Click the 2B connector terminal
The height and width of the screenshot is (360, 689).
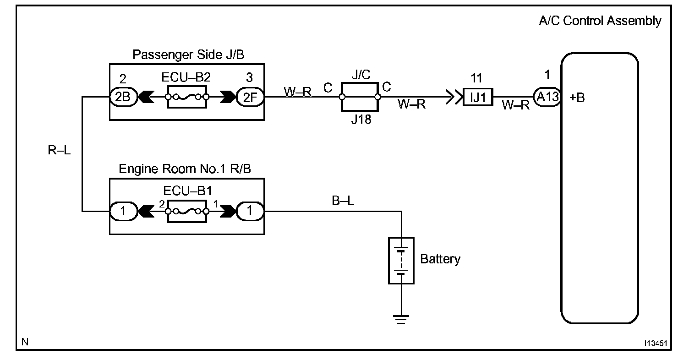tap(124, 97)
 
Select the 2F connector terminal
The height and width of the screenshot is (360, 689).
tap(250, 97)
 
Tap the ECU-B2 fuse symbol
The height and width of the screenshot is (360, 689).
tap(187, 97)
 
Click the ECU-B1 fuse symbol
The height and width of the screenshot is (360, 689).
tap(187, 212)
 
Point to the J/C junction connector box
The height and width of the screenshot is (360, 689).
tap(360, 97)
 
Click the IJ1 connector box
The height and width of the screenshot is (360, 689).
tap(478, 97)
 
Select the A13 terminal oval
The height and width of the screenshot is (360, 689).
tap(547, 97)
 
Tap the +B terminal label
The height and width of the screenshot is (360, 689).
tap(577, 98)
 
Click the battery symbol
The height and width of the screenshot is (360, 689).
tap(401, 261)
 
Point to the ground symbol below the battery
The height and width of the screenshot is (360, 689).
tap(401, 319)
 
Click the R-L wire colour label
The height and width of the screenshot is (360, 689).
tap(59, 150)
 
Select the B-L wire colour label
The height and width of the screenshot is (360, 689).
tap(343, 201)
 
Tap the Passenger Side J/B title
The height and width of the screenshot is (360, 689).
tap(188, 55)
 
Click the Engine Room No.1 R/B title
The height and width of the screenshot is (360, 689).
tap(185, 169)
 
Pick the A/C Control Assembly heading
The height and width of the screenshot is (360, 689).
tap(600, 21)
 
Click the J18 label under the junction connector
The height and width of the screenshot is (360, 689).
tap(361, 119)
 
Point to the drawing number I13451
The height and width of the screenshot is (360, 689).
tap(656, 343)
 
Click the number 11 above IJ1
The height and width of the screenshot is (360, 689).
tap(476, 78)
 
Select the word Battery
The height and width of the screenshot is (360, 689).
tap(440, 259)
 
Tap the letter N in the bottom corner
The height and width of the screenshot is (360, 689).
tap(25, 342)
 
